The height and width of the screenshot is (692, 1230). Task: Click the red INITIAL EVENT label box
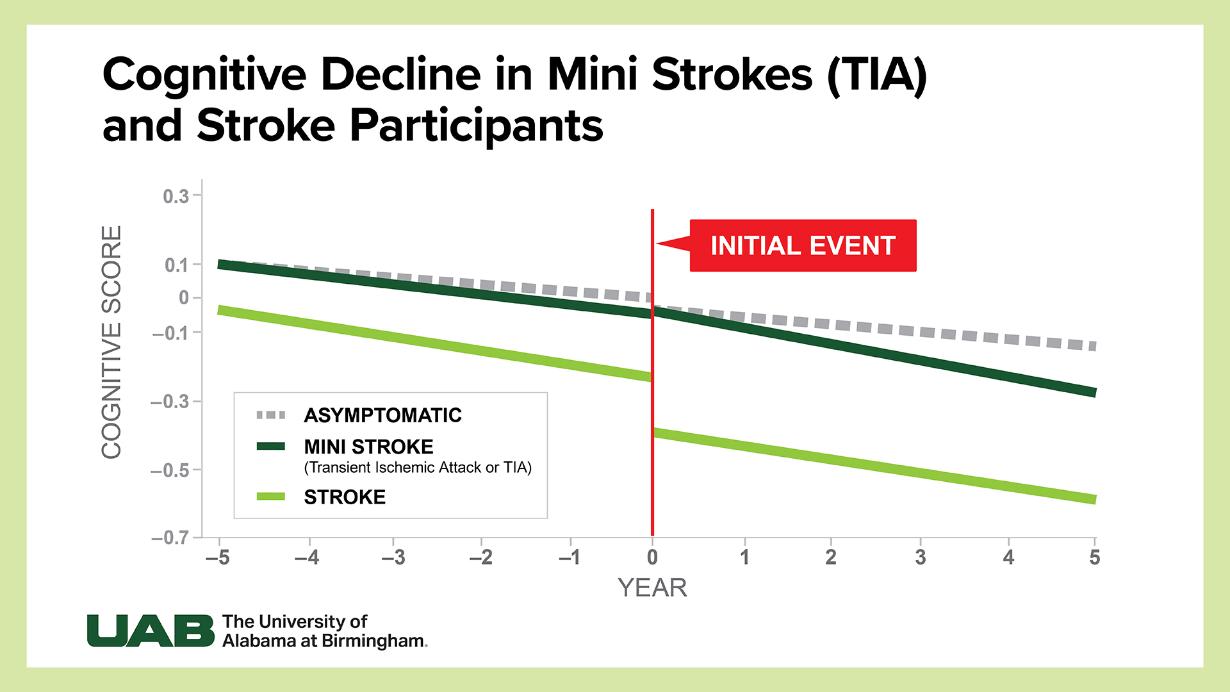(x=802, y=246)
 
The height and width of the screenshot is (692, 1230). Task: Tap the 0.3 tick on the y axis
(x=176, y=196)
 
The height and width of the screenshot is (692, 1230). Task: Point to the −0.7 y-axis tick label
(x=170, y=538)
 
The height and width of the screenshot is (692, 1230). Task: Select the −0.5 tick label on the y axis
(x=170, y=470)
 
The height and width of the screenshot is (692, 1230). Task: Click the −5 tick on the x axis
(x=218, y=557)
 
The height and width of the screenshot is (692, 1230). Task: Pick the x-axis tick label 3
(x=920, y=557)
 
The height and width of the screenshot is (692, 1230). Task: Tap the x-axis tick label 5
(x=1094, y=557)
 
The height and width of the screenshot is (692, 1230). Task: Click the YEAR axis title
(x=652, y=588)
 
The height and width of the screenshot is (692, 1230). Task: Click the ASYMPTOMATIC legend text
(x=382, y=415)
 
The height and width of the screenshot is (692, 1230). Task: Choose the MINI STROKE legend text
(x=368, y=447)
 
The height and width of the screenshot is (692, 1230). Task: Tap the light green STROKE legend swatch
(x=270, y=497)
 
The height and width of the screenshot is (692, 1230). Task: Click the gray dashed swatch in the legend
(x=270, y=415)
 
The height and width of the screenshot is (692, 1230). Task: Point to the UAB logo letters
(x=151, y=631)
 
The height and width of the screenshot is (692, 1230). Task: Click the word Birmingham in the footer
(x=373, y=641)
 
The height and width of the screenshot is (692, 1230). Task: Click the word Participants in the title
(x=476, y=126)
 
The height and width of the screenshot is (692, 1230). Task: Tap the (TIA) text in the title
(x=877, y=75)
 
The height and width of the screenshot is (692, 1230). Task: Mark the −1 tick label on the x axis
(x=570, y=557)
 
